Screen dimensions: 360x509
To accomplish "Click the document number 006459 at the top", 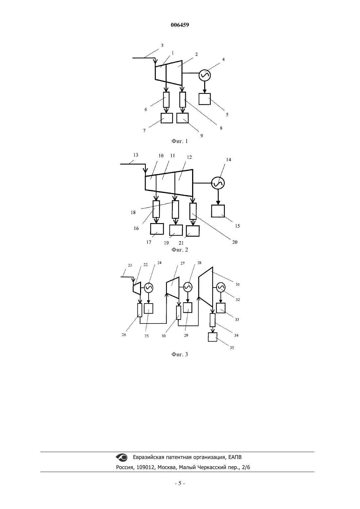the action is (x=180, y=25).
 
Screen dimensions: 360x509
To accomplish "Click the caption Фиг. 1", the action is (x=180, y=141).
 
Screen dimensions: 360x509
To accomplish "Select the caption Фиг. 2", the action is (x=180, y=250).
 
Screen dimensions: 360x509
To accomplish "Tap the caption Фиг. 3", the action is (x=180, y=354).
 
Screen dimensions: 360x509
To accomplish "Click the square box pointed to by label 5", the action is (x=205, y=99).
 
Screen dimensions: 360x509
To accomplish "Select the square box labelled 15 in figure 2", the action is (x=218, y=211).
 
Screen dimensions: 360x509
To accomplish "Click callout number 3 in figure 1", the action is (x=162, y=45).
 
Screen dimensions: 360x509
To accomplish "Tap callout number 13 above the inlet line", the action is (x=136, y=155).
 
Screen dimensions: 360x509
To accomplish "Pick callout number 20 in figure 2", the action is (x=235, y=242).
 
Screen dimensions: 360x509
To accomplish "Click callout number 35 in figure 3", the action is (x=232, y=347).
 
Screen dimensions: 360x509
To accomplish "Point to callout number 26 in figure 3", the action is (x=124, y=335).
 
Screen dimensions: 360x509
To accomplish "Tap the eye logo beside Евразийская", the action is (x=122, y=457).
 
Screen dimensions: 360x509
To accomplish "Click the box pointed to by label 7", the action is (x=167, y=118).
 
